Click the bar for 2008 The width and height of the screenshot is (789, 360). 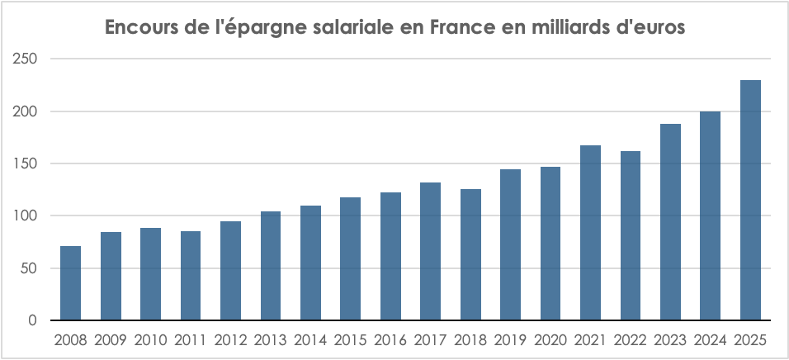click(70, 283)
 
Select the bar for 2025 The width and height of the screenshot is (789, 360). click(750, 201)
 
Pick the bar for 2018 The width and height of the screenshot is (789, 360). click(470, 254)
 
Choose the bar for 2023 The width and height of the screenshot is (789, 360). click(670, 222)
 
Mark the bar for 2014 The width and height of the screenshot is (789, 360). click(310, 263)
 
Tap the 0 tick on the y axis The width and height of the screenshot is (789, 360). click(32, 320)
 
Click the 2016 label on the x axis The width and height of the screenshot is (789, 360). click(390, 340)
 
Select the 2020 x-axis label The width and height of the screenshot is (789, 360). click(550, 340)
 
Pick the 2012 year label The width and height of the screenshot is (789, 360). click(230, 340)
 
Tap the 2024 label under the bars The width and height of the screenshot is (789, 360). click(710, 340)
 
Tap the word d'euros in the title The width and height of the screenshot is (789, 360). click(658, 28)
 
